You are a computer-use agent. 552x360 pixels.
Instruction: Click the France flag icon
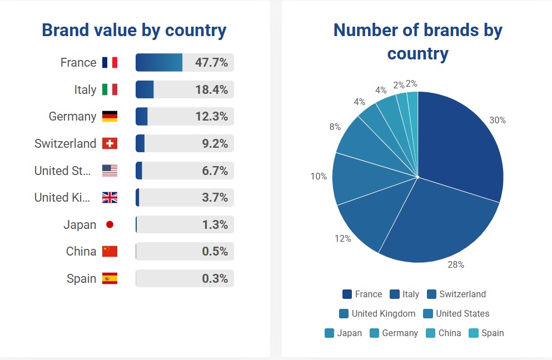tap(110, 62)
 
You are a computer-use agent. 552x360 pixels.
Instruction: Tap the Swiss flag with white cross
tap(110, 143)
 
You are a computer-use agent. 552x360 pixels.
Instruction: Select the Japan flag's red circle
tap(110, 224)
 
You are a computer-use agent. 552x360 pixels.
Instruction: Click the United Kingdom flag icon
tap(110, 197)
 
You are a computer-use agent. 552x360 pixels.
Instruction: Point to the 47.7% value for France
tap(211, 62)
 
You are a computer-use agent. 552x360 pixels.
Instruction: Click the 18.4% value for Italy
tap(212, 89)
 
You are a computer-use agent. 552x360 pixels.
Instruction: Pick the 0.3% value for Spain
tap(215, 278)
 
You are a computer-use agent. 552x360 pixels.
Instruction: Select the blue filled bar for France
tap(159, 62)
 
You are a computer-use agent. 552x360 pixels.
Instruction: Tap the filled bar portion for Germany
tap(142, 117)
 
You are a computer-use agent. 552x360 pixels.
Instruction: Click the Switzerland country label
tap(65, 143)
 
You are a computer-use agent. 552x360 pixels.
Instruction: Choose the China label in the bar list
tap(81, 251)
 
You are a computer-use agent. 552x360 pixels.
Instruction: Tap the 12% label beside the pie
tap(343, 238)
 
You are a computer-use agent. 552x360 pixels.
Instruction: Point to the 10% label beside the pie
tap(319, 176)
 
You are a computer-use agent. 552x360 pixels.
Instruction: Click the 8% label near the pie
tap(335, 127)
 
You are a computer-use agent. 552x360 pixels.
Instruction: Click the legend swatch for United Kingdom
tap(344, 313)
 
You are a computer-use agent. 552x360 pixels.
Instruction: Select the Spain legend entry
tap(486, 333)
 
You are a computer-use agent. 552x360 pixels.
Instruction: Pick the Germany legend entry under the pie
tap(394, 333)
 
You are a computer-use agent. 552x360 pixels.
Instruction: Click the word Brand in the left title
tap(65, 30)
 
